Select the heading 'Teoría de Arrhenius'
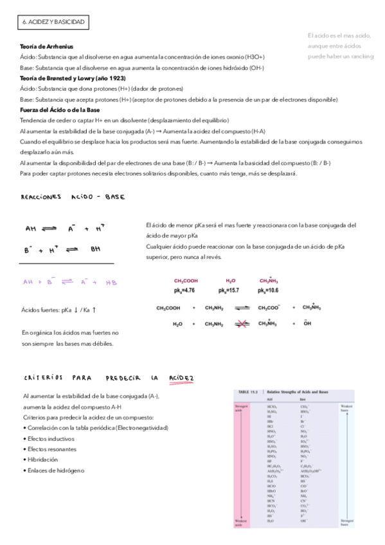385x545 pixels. point(47,46)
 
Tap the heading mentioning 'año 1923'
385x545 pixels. point(73,78)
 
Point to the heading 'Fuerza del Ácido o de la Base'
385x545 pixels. point(60,110)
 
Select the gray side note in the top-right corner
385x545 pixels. point(339,46)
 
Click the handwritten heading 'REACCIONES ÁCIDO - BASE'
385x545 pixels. point(73,197)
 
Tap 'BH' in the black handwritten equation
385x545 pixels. point(95,249)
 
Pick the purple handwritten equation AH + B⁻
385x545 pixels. point(69,281)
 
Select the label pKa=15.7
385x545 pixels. point(229,290)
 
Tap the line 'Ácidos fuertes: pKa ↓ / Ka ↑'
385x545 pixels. point(59,310)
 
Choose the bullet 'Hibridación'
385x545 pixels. point(44,460)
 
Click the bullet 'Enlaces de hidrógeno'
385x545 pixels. point(55,470)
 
